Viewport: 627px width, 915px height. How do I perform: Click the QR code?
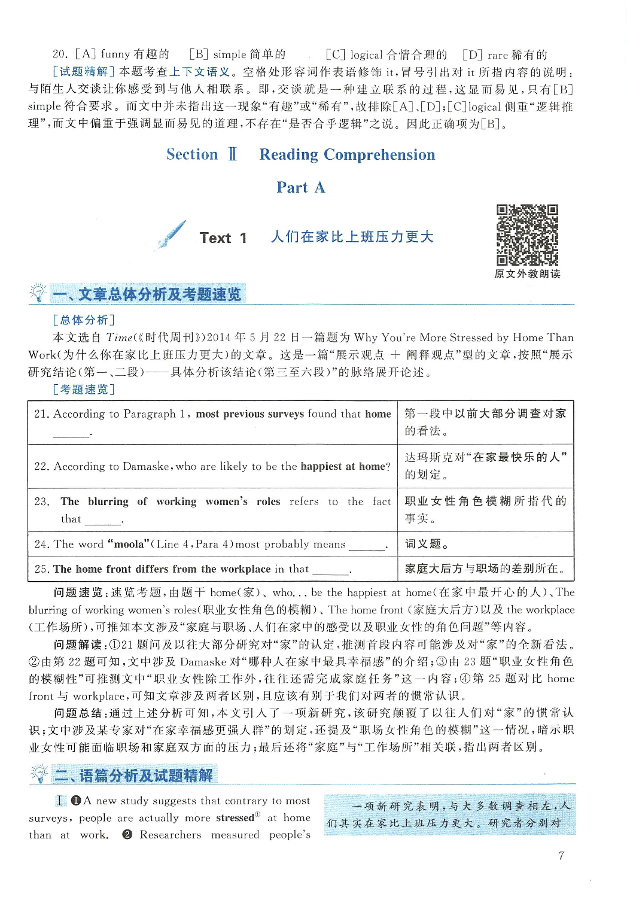tap(527, 235)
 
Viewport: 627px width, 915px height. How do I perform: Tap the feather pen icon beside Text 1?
tap(172, 235)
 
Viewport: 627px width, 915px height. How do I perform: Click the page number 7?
tap(561, 856)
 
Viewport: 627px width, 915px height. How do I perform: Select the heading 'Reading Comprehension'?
tap(347, 154)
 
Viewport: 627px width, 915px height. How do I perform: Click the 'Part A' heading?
tap(300, 187)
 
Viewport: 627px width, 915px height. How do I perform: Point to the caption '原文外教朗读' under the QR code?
tap(527, 274)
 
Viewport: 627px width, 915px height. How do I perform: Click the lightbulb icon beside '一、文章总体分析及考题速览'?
tap(38, 293)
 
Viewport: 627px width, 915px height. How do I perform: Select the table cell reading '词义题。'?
tap(427, 544)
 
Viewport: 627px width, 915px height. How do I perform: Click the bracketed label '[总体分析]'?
tap(84, 320)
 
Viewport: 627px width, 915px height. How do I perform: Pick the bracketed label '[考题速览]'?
tap(84, 390)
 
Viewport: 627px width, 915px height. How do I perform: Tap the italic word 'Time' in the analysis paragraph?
tap(119, 338)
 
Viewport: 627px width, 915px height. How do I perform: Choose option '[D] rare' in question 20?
tap(486, 55)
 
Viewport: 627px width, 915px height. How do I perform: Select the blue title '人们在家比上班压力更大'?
tap(352, 237)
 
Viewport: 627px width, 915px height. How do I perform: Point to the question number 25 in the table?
tap(41, 569)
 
